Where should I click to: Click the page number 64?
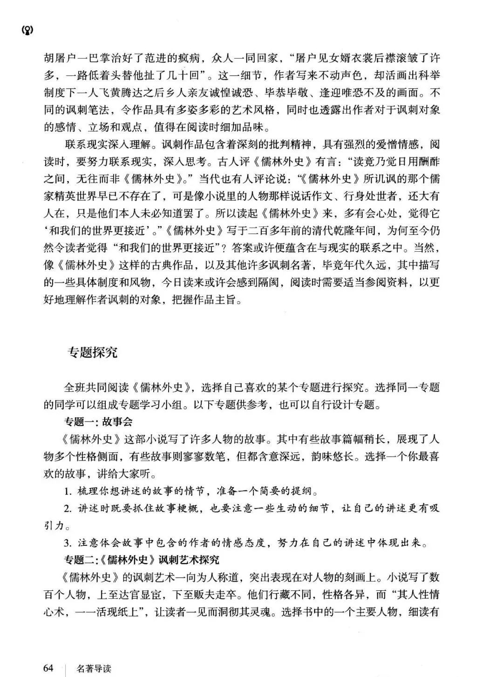pyautogui.click(x=48, y=668)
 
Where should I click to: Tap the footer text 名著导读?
pyautogui.click(x=95, y=669)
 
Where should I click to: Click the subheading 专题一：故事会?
pyautogui.click(x=98, y=422)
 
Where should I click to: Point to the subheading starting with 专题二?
pyautogui.click(x=141, y=559)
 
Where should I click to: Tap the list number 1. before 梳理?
pyautogui.click(x=68, y=491)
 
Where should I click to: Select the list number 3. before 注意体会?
pyautogui.click(x=68, y=543)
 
